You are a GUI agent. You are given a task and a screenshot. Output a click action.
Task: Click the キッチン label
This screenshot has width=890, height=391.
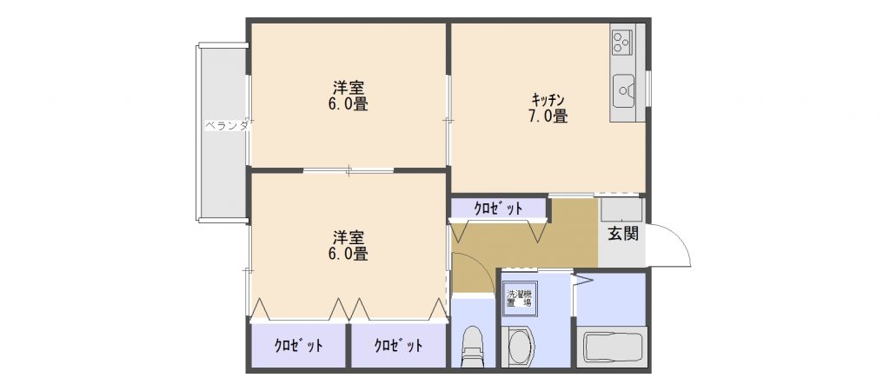548,99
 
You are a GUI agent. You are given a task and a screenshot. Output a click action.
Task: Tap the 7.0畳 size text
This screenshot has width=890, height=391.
548,117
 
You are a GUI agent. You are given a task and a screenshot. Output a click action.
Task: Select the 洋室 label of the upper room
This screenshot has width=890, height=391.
349,88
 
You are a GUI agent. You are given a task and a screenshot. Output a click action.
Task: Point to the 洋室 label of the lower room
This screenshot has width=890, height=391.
349,236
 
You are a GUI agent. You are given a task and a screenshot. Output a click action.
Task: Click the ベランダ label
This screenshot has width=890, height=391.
227,126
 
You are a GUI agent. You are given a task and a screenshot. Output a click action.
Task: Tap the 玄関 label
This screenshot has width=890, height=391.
623,233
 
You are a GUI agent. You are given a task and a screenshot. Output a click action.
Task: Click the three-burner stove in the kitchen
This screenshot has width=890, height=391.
622,41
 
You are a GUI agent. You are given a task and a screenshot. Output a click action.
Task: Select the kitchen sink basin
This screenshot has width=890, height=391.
624,91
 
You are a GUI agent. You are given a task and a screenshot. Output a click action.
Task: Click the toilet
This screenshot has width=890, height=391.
473,345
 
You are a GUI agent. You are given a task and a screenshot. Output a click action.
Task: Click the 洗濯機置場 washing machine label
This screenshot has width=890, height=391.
520,299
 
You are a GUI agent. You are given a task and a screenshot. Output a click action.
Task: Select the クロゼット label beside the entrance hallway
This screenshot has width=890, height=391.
498,209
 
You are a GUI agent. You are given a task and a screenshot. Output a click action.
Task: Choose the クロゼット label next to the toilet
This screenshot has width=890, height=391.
398,345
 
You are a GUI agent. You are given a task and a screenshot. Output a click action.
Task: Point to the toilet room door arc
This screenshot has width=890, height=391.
480,266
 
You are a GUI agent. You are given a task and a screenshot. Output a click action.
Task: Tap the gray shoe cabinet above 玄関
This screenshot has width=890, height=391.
621,209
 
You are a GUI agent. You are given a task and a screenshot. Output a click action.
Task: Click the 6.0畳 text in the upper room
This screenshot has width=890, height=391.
349,105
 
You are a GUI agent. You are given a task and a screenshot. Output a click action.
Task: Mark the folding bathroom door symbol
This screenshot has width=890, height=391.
582,280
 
